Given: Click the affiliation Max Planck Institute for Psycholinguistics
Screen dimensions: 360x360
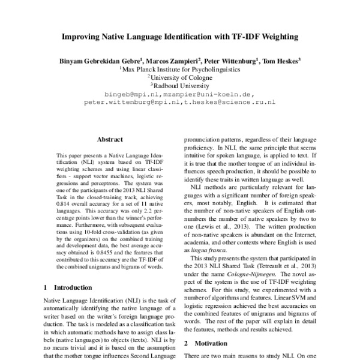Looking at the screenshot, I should [x=181, y=69].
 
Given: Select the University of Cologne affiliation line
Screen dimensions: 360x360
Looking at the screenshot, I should [x=181, y=77].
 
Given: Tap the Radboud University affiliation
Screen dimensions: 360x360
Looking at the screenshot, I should [x=181, y=86].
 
